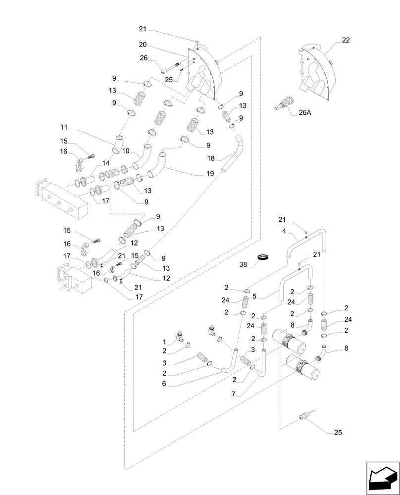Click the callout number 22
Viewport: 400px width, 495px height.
pyautogui.click(x=345, y=41)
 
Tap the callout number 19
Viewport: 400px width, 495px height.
pyautogui.click(x=210, y=174)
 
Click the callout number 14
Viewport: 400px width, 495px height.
pyautogui.click(x=105, y=163)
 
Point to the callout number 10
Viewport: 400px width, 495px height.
pyautogui.click(x=126, y=150)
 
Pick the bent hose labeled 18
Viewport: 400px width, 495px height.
pyautogui.click(x=233, y=156)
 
